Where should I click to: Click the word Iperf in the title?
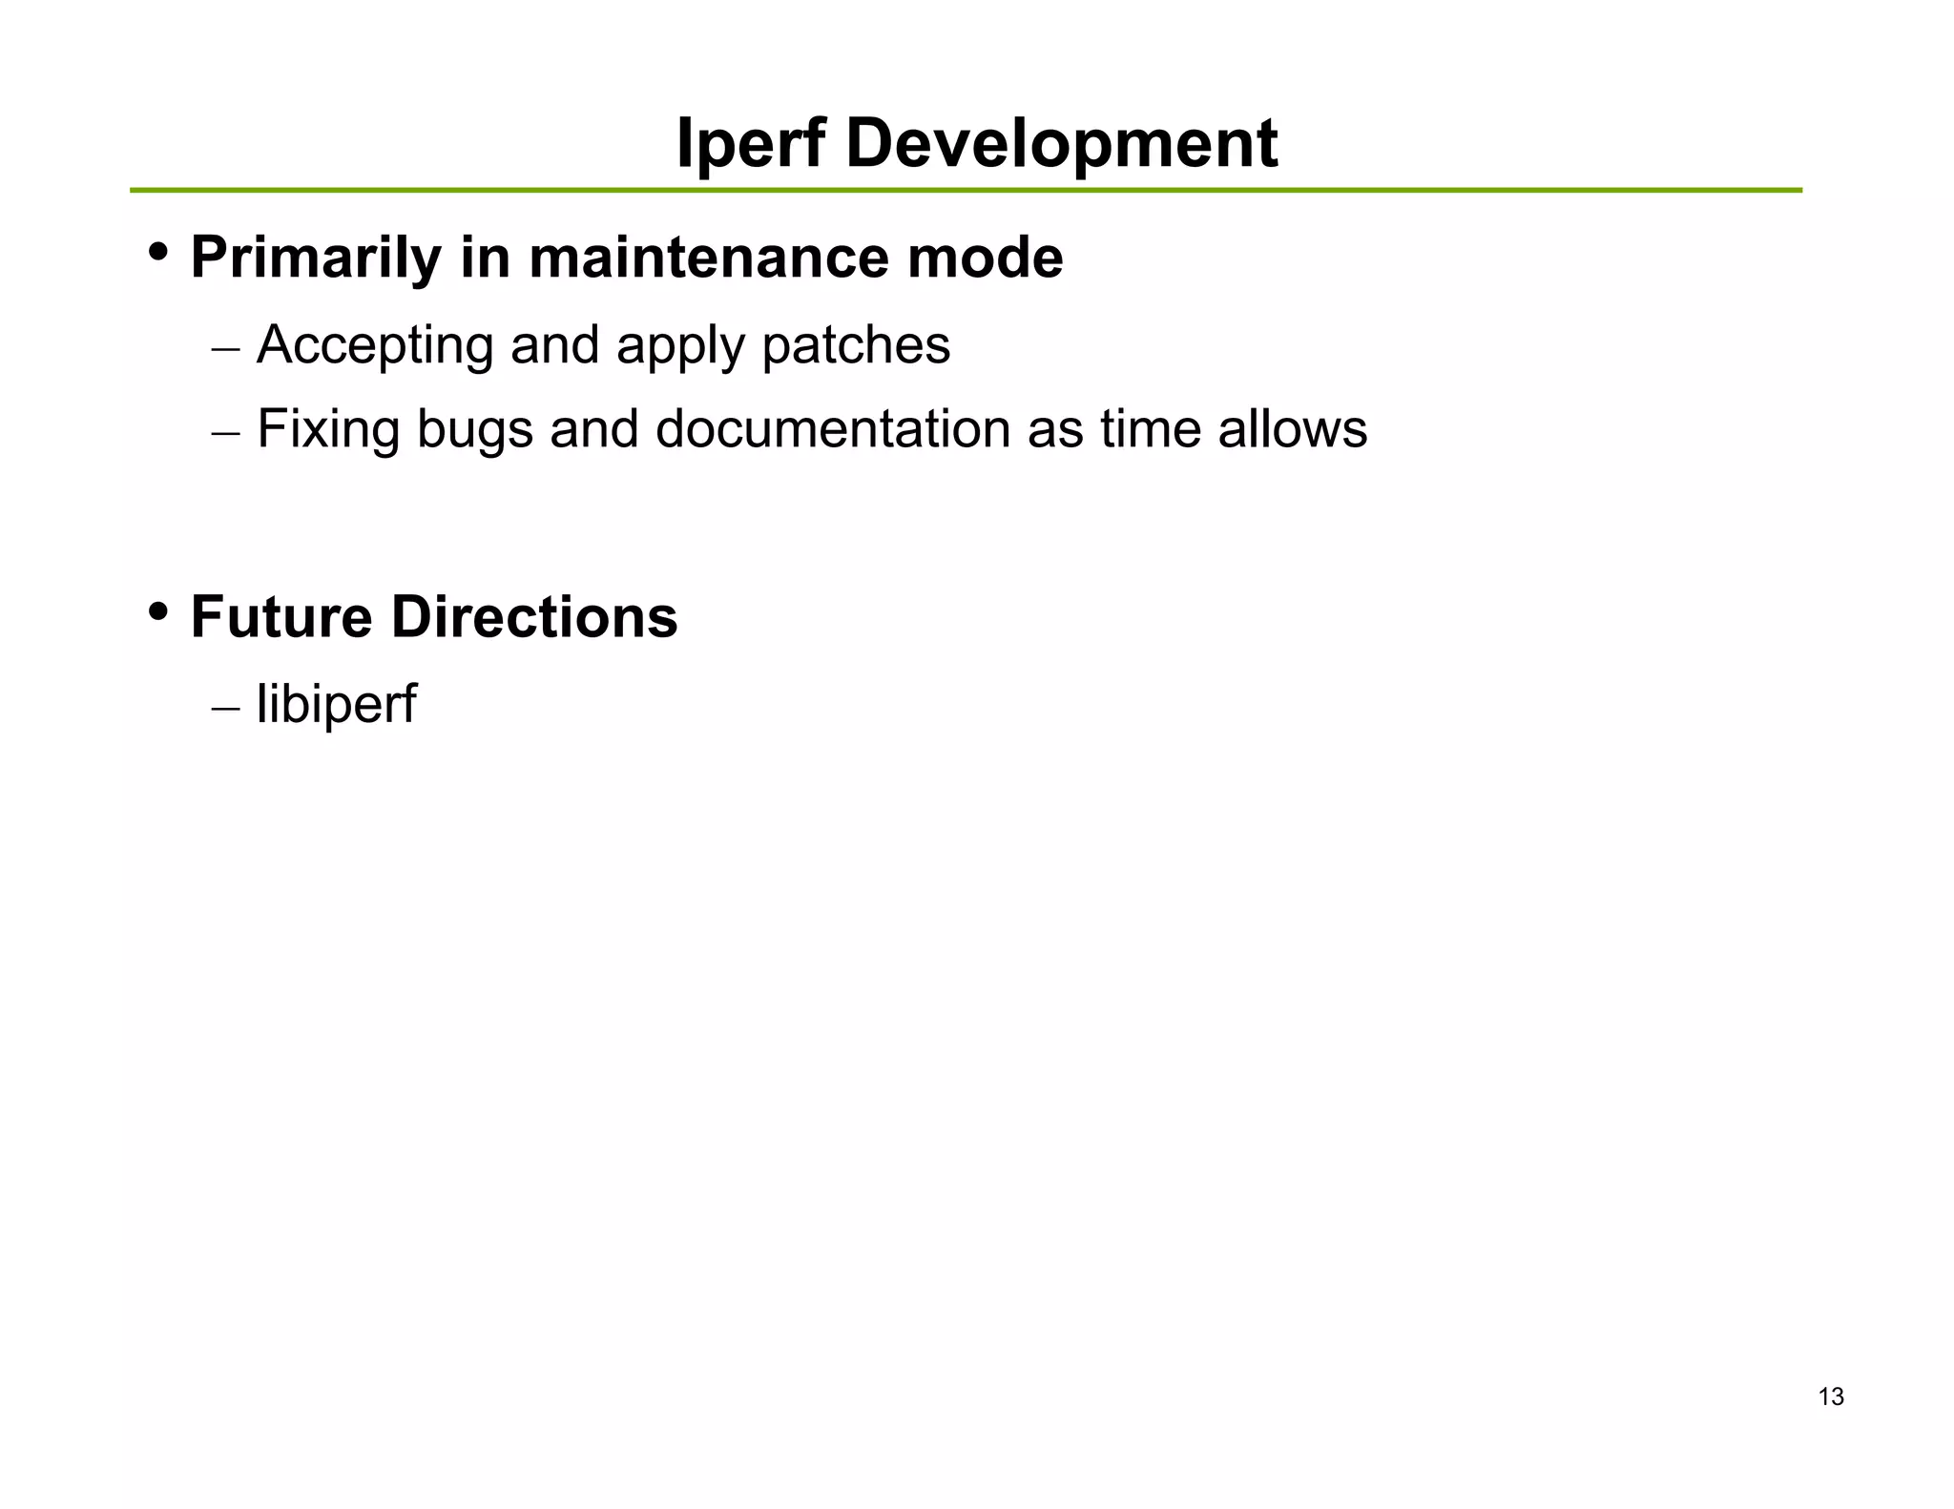pyautogui.click(x=750, y=144)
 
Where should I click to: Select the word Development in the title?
pyautogui.click(x=1061, y=144)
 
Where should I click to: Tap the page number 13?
pyautogui.click(x=1831, y=1396)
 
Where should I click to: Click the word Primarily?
pyautogui.click(x=316, y=258)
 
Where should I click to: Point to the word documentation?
pyautogui.click(x=833, y=429)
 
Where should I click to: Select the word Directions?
pyautogui.click(x=534, y=617)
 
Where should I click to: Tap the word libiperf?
pyautogui.click(x=336, y=705)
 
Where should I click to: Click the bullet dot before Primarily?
pyautogui.click(x=158, y=253)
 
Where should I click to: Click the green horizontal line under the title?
pyautogui.click(x=966, y=191)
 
